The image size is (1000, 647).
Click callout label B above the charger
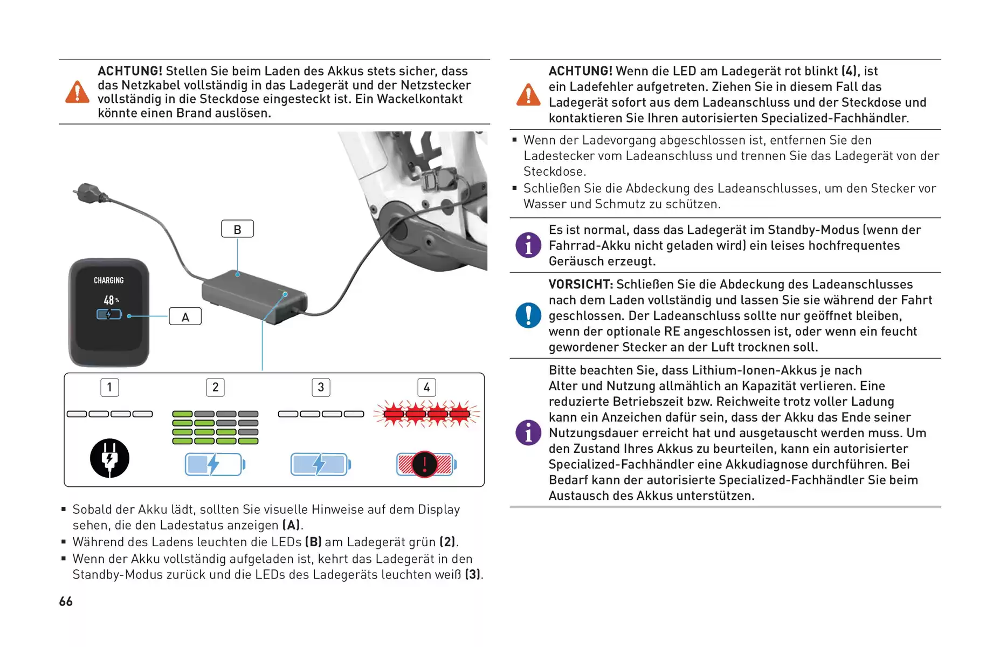coord(237,229)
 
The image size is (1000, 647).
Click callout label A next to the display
coord(185,316)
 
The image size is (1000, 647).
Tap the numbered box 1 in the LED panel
coord(109,387)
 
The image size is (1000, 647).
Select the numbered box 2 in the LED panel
coord(215,387)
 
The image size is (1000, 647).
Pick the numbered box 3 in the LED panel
coord(321,387)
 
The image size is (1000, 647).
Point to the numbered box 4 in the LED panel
coord(426,387)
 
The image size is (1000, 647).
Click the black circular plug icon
coord(109,458)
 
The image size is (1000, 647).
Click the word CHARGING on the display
coord(109,280)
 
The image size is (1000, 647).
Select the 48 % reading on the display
coord(111,300)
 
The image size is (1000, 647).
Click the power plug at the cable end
coord(87,192)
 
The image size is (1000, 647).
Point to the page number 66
coord(66,601)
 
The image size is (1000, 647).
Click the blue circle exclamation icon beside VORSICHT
coord(528,315)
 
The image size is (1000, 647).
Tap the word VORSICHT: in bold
coord(581,284)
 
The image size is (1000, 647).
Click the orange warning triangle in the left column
coord(78,92)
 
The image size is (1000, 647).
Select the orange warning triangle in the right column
coord(528,94)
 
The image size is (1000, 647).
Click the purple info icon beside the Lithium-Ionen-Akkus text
coord(528,433)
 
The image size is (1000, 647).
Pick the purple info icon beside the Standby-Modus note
coord(528,245)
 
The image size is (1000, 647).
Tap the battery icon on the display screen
coord(109,314)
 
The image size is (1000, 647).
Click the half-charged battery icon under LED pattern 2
coord(215,464)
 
